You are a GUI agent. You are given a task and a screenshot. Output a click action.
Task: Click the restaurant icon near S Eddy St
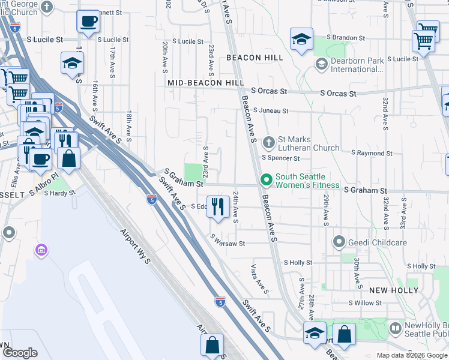[218, 206]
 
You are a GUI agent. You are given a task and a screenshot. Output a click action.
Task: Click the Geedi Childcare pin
[339, 242]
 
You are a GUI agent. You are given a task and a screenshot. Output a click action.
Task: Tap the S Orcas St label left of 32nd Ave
[338, 94]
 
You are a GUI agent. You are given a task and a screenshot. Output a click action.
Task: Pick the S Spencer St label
[280, 158]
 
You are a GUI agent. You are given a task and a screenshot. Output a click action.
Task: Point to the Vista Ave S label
[258, 275]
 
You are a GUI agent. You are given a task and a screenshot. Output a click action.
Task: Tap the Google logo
[20, 353]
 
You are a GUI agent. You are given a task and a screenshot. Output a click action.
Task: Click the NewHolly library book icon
[395, 328]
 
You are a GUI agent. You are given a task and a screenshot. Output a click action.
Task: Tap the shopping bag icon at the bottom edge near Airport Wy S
[212, 345]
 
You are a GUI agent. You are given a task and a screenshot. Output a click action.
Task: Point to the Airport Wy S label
[135, 247]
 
